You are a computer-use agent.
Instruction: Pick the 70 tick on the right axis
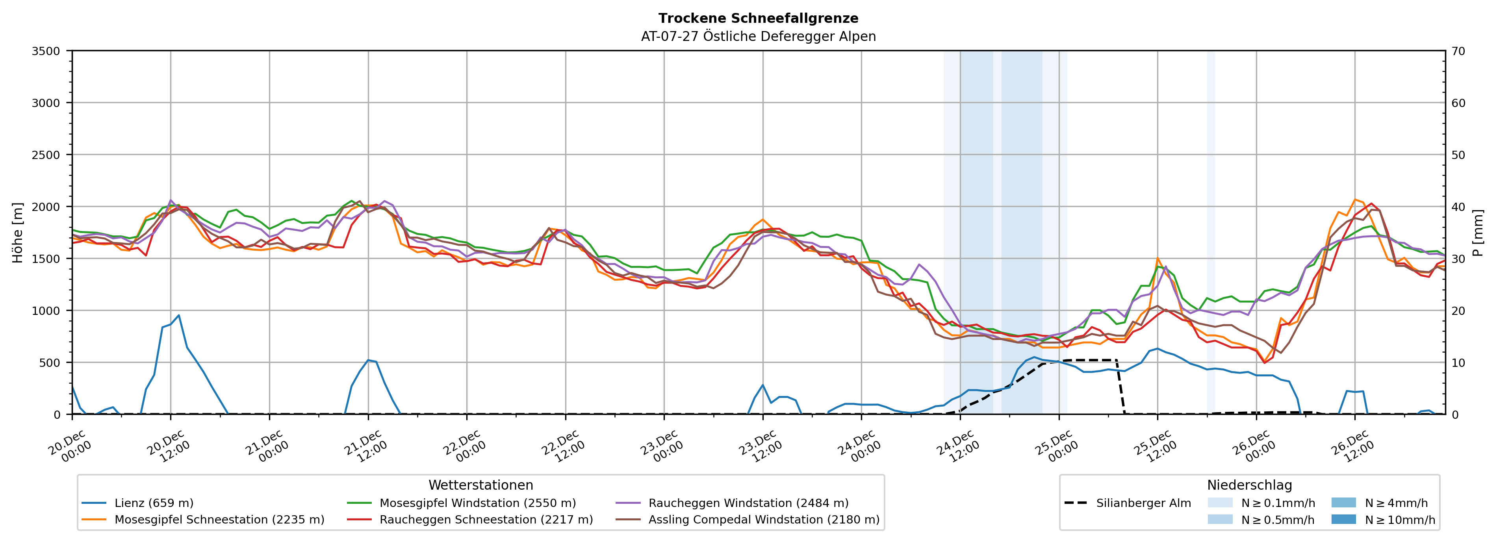(1458, 51)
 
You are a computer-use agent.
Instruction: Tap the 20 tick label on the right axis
(1458, 311)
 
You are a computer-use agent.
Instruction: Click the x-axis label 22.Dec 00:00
(465, 446)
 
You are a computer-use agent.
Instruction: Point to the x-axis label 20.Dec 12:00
(169, 446)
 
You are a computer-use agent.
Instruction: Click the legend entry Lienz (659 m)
(154, 503)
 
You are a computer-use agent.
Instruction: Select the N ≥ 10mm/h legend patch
(1343, 519)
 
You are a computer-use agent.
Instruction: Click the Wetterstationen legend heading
(480, 485)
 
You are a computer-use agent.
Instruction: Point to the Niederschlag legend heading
(1249, 485)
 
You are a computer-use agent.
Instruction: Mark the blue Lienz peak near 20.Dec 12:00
(178, 315)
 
